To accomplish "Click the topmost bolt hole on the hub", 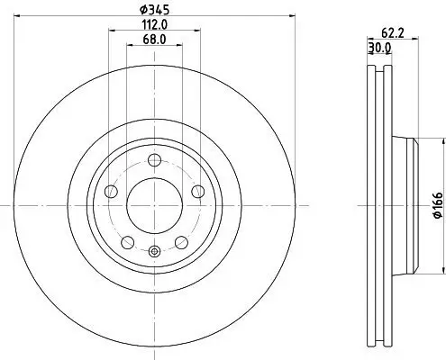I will click(x=154, y=160).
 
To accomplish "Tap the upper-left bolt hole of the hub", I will click(x=111, y=191).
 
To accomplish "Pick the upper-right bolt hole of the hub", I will click(x=196, y=191).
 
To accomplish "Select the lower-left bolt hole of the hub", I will click(x=127, y=241).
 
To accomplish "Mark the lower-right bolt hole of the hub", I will click(x=180, y=241).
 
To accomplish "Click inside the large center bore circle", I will click(x=154, y=203).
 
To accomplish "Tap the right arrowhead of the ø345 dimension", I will click(x=294, y=16).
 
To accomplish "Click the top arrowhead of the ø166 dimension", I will click(x=442, y=141).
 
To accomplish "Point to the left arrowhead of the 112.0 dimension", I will click(x=112, y=31).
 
